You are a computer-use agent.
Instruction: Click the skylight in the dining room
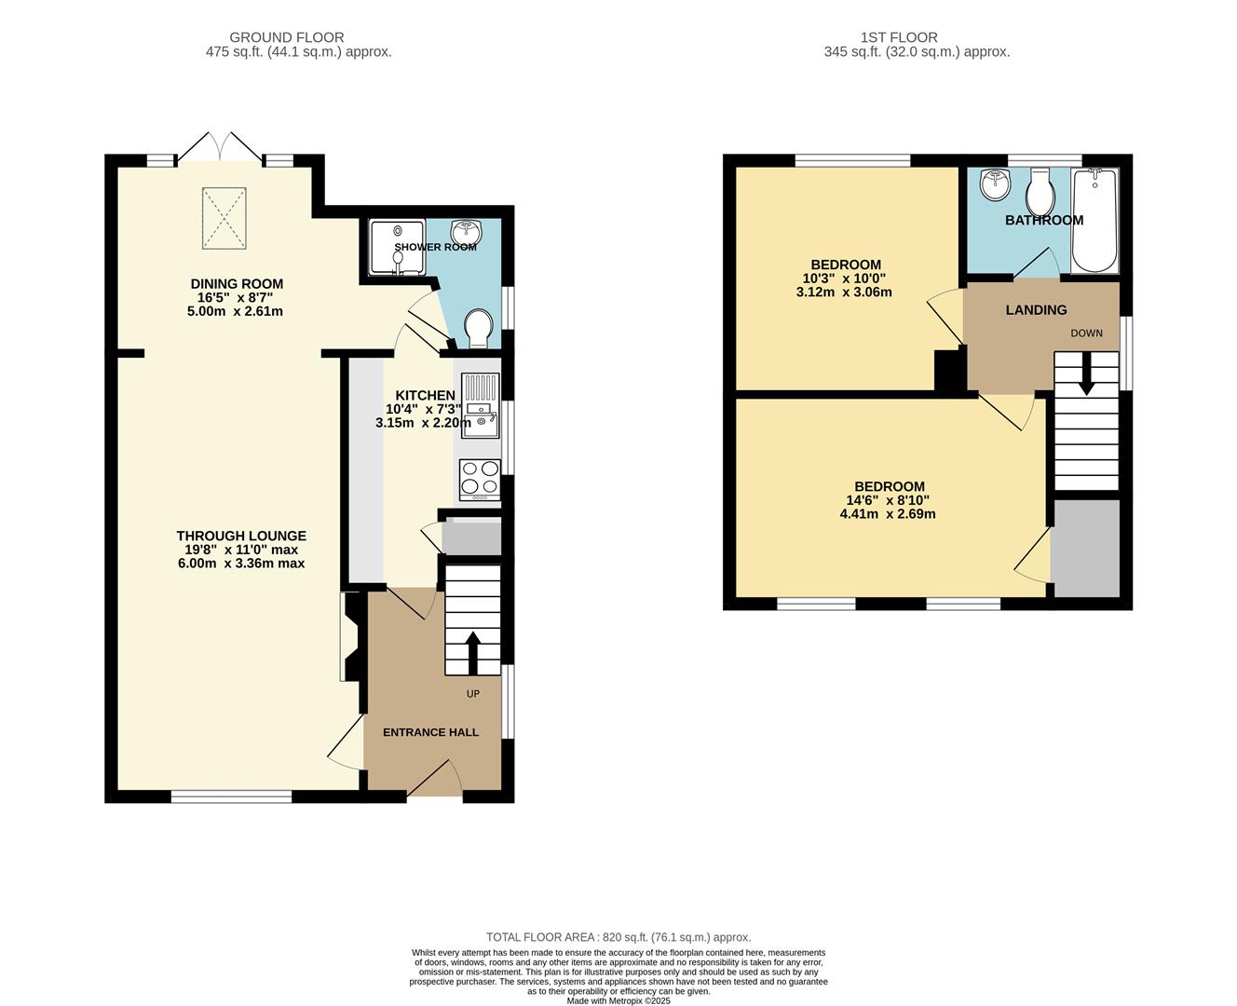coord(224,219)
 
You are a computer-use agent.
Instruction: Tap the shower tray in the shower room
coord(397,247)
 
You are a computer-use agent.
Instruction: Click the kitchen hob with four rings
coord(479,479)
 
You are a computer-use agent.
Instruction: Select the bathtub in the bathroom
coord(1094,222)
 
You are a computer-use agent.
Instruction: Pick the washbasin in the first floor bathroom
coord(995,184)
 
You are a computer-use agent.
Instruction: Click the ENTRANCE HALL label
coord(430,732)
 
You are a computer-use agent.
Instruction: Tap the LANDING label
coord(1036,310)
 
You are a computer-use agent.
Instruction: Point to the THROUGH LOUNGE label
coord(241,536)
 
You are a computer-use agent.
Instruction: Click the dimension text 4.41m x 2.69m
coord(887,513)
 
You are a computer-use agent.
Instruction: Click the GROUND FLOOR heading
coord(287,37)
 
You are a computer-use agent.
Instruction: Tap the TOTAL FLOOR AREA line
coord(618,937)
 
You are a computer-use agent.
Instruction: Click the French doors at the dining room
coord(222,148)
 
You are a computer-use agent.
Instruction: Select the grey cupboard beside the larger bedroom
coord(1085,548)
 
